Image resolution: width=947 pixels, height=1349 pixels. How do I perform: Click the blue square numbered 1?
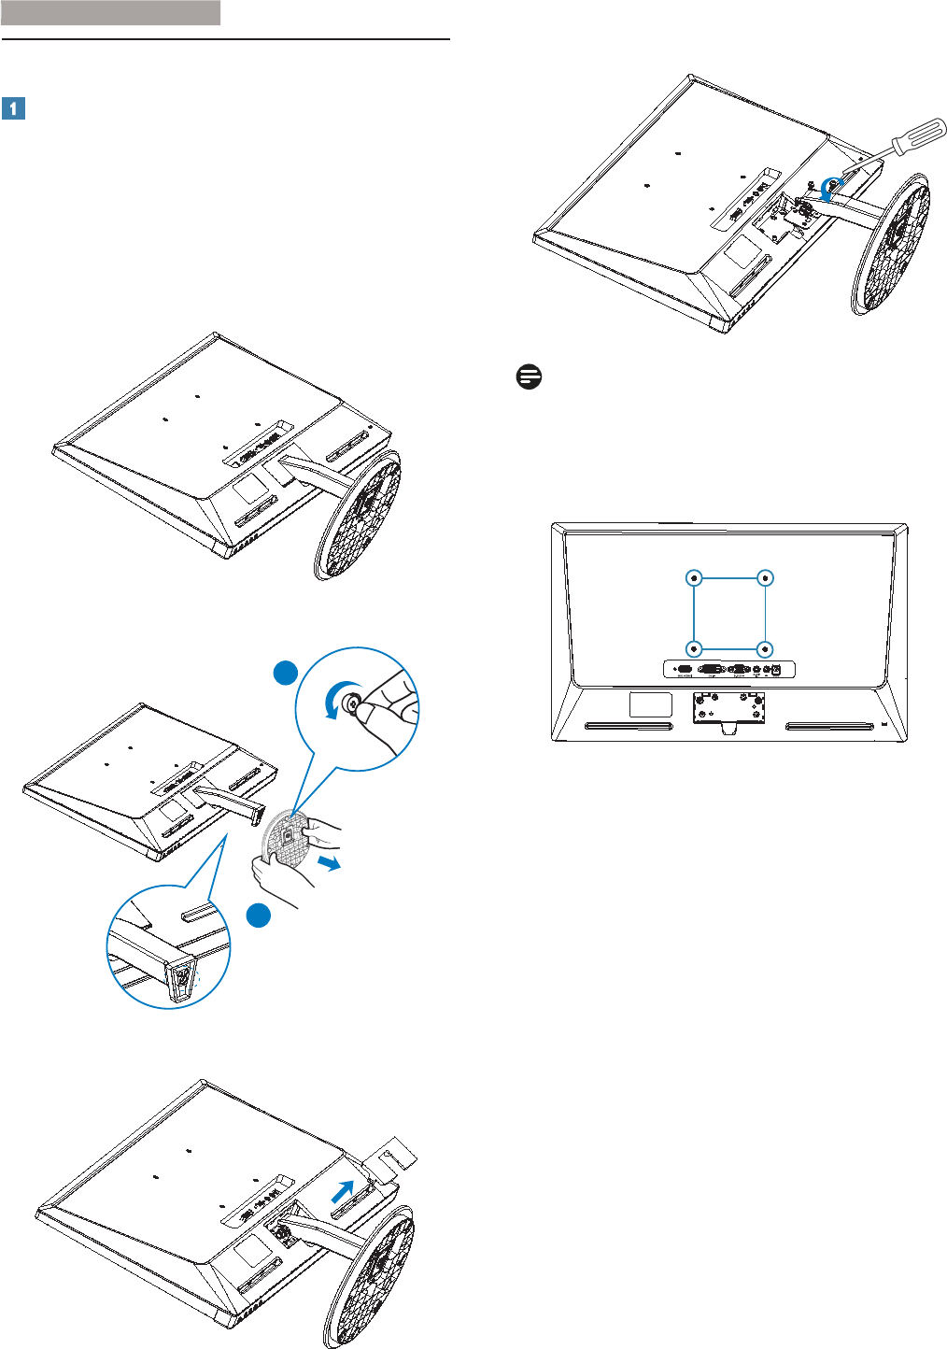tap(13, 108)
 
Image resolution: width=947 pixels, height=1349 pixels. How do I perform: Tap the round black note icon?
tap(529, 377)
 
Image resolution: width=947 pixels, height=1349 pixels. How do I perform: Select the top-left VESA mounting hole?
tap(694, 578)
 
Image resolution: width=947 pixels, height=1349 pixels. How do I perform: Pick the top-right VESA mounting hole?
tap(765, 578)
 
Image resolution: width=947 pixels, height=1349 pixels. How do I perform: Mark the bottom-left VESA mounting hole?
tap(694, 647)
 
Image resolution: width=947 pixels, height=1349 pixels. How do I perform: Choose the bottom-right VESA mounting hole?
tap(765, 647)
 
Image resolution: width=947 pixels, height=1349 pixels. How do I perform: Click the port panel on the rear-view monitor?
tap(729, 669)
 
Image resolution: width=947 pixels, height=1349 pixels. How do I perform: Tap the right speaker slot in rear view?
tap(829, 726)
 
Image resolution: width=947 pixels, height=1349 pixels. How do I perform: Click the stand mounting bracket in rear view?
tap(729, 707)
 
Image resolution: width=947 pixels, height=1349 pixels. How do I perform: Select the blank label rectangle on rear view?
tap(651, 703)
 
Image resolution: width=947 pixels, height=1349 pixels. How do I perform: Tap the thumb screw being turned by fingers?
tap(353, 702)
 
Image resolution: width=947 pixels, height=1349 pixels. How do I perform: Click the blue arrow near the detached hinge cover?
tap(344, 1191)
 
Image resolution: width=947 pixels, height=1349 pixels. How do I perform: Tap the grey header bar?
tap(110, 12)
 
